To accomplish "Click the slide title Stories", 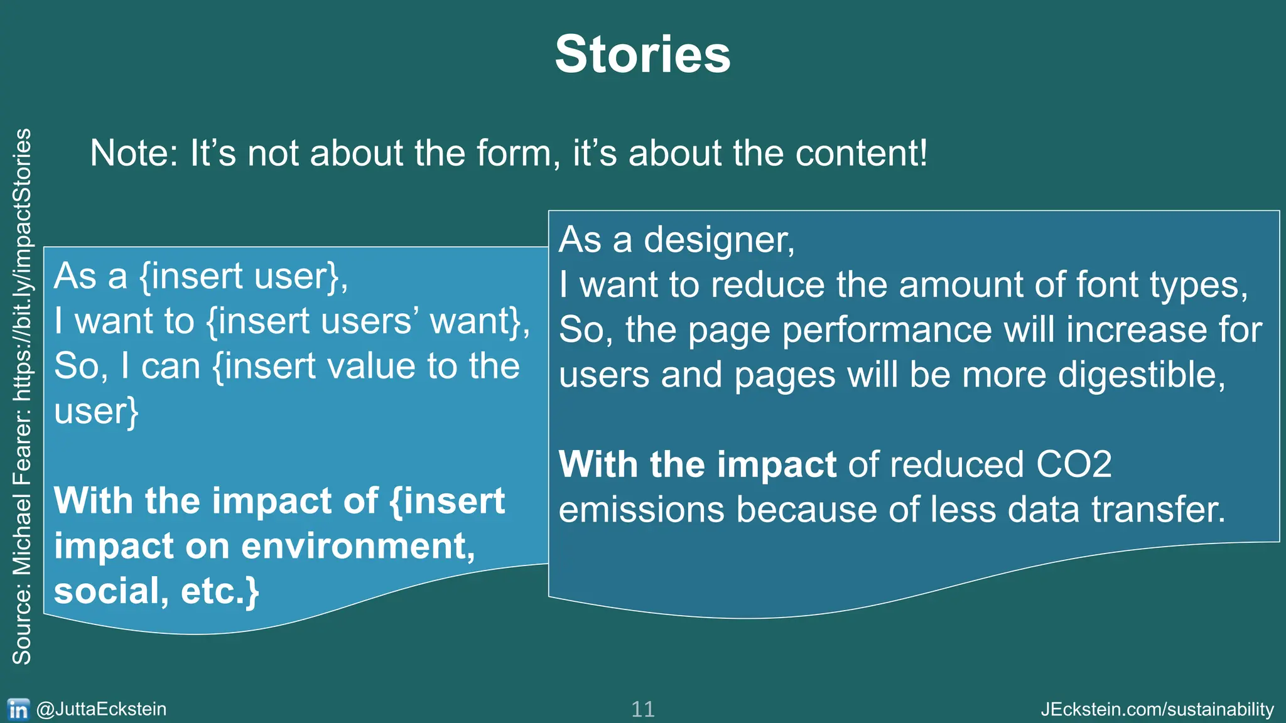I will [642, 55].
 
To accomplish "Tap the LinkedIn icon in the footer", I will [18, 709].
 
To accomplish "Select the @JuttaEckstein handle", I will [102, 709].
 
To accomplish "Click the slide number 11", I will [642, 709].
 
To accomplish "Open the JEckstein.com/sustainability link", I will [1157, 709].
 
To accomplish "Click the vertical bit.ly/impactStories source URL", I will [22, 264].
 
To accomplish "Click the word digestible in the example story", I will [1137, 375].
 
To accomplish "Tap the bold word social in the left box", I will [107, 591].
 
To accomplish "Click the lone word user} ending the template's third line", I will [96, 412].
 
